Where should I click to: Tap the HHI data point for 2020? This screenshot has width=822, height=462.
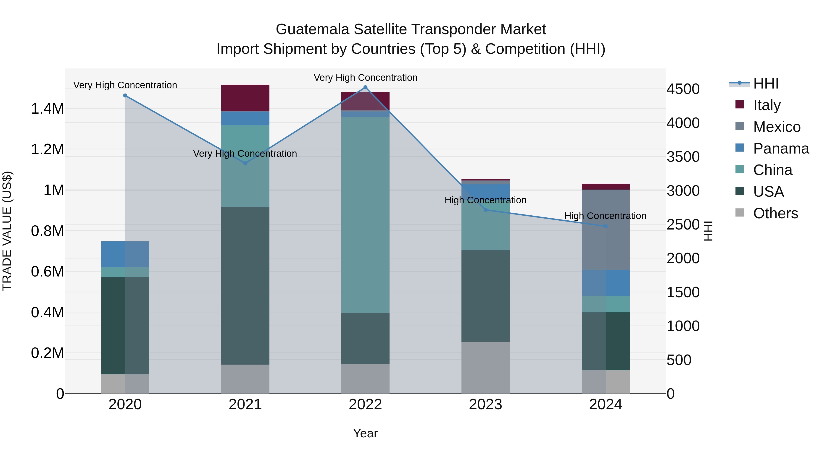pyautogui.click(x=125, y=96)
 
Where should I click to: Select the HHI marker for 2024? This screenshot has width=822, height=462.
pyautogui.click(x=606, y=226)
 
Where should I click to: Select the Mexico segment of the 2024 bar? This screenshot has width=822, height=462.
pyautogui.click(x=606, y=230)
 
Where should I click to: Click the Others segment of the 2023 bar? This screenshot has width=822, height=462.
pyautogui.click(x=485, y=368)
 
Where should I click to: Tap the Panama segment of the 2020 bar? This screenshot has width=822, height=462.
pyautogui.click(x=125, y=254)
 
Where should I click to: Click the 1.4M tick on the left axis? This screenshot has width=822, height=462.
pyautogui.click(x=47, y=109)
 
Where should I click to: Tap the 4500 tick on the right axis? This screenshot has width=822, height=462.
pyautogui.click(x=683, y=89)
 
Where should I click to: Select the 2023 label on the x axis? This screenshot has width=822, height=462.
pyautogui.click(x=485, y=405)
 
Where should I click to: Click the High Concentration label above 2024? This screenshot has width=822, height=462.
pyautogui.click(x=605, y=216)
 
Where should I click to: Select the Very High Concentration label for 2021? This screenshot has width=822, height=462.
pyautogui.click(x=245, y=154)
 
